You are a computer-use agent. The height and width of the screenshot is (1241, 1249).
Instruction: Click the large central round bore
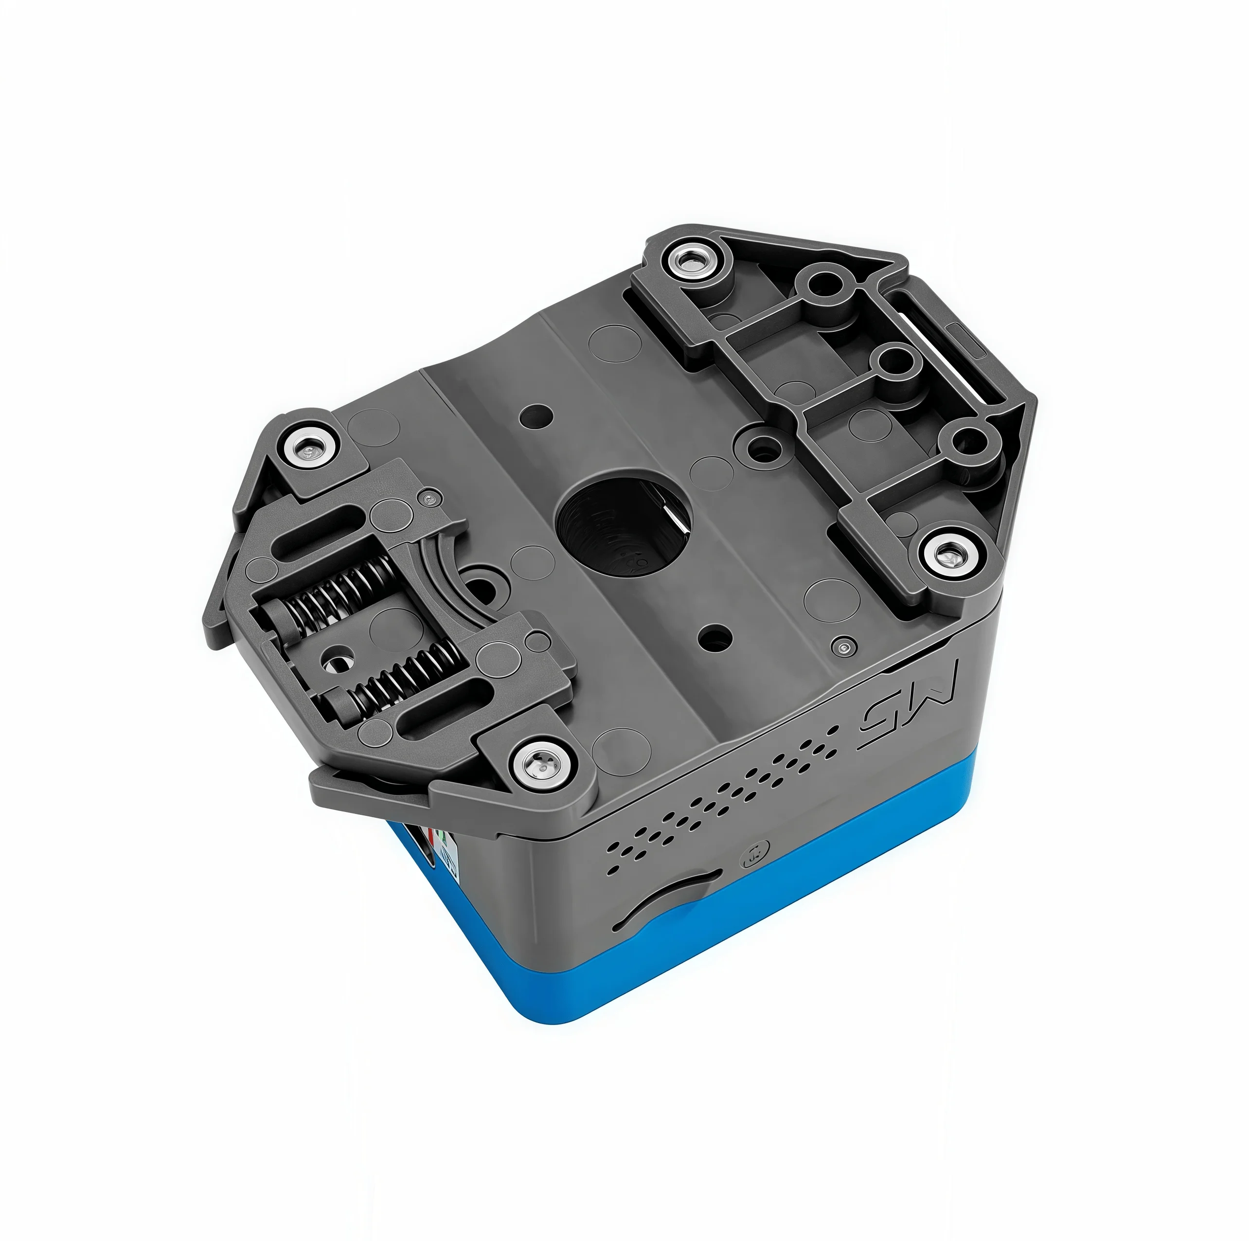[x=624, y=521]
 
